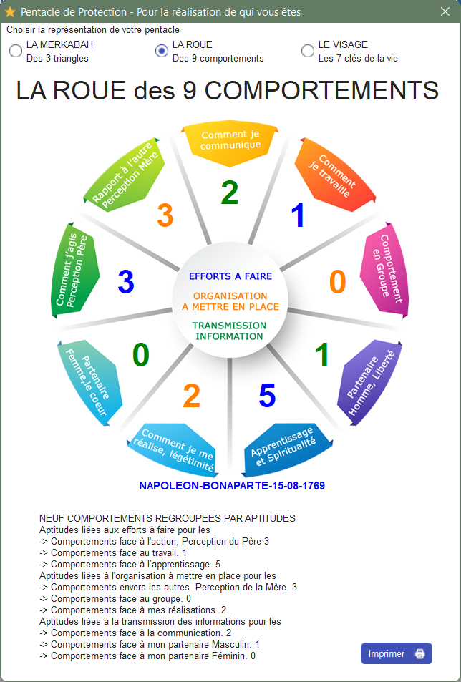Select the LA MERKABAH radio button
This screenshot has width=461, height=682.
16,51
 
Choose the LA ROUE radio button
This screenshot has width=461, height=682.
162,51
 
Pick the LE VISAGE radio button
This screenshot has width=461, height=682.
308,51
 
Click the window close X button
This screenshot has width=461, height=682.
445,11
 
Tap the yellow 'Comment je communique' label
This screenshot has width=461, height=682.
230,142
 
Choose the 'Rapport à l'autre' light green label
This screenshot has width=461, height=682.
125,175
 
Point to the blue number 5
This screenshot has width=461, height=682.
267,395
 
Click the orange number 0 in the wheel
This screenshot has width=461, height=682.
337,281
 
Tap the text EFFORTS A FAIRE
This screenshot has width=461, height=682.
230,276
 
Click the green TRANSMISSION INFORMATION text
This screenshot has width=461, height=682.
229,331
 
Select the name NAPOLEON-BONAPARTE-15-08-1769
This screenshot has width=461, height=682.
232,485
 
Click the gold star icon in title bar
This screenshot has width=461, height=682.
10,11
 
